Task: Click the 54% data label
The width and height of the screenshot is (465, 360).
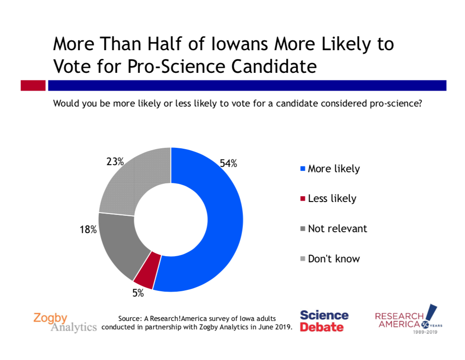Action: pos(228,163)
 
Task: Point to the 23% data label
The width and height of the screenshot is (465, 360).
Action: pos(115,162)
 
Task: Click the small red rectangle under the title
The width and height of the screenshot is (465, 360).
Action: pos(33,85)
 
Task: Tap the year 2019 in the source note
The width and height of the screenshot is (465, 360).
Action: pos(281,327)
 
